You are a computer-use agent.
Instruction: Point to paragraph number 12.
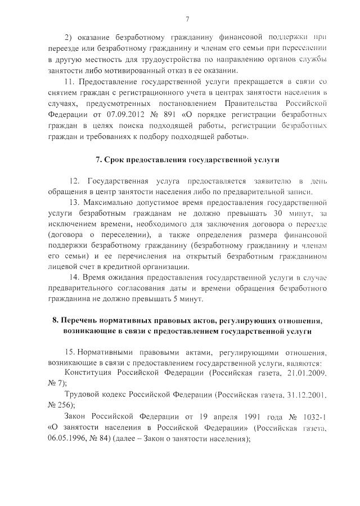point(74,181)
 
